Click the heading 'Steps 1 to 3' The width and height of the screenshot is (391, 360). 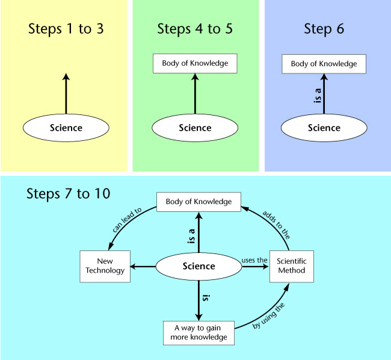point(66,29)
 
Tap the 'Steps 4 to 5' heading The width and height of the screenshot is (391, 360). point(195,29)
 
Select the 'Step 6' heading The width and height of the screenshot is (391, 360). point(324,29)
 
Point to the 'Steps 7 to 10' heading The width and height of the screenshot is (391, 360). point(69,194)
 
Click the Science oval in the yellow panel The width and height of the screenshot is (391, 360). point(66,128)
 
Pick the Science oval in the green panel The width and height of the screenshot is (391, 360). point(195,128)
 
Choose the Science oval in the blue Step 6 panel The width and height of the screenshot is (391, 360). point(324,128)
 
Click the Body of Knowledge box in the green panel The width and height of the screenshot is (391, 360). point(195,63)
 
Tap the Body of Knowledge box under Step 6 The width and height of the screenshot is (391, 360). point(324,64)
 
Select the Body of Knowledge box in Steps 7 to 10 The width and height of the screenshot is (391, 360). point(199,202)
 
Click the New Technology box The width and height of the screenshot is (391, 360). point(105,267)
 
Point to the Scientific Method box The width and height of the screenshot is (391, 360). point(292,267)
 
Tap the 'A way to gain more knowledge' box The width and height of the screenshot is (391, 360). point(199,333)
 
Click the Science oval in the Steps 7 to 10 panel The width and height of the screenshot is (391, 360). point(199,267)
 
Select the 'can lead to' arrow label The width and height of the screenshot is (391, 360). point(127,220)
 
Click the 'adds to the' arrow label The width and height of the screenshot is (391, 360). point(276,225)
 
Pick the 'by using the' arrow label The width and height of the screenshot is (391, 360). point(268,315)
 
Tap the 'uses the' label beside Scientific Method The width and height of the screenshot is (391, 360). point(254,260)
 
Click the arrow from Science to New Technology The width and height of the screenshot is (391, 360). point(143,267)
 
